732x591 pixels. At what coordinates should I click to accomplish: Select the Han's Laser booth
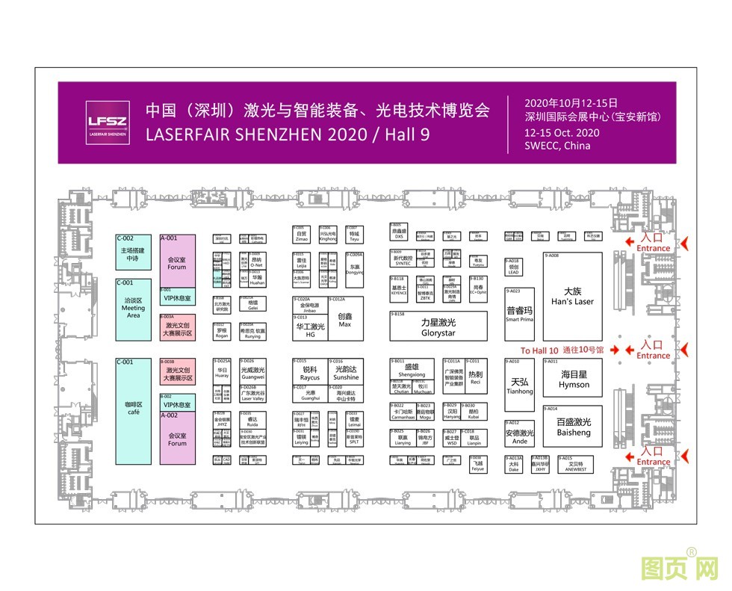coord(572,297)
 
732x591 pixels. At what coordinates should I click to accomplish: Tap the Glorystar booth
coord(438,327)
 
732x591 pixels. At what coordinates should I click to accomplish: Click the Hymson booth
coord(574,379)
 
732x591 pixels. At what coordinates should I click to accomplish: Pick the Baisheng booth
coord(573,427)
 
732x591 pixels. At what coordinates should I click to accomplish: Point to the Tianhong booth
coord(520,386)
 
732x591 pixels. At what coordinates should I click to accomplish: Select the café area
coord(134,410)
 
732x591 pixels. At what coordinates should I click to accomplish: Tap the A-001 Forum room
coord(177,262)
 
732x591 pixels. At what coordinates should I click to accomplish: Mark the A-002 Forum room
coord(177,438)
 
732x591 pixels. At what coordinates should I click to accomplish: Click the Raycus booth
coord(309,373)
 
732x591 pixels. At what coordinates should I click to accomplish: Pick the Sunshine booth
coord(346,373)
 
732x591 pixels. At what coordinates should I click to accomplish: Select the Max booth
coord(344,320)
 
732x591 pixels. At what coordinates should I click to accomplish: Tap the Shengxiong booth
coord(410,369)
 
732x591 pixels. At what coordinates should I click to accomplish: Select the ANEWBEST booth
coord(575,465)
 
